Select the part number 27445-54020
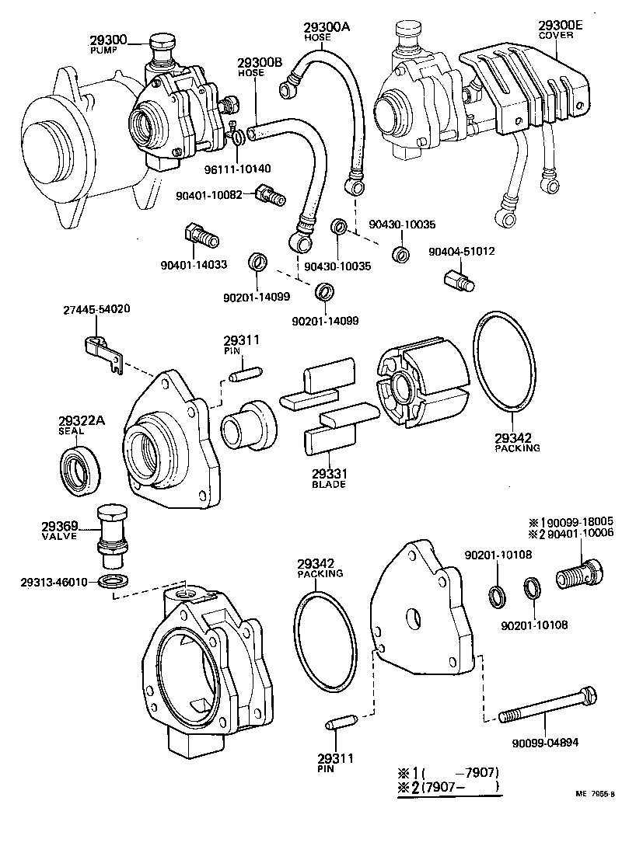point(96,309)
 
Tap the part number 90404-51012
point(462,252)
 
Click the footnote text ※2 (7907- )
point(449,789)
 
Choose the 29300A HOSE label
point(327,30)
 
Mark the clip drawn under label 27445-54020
point(101,349)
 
